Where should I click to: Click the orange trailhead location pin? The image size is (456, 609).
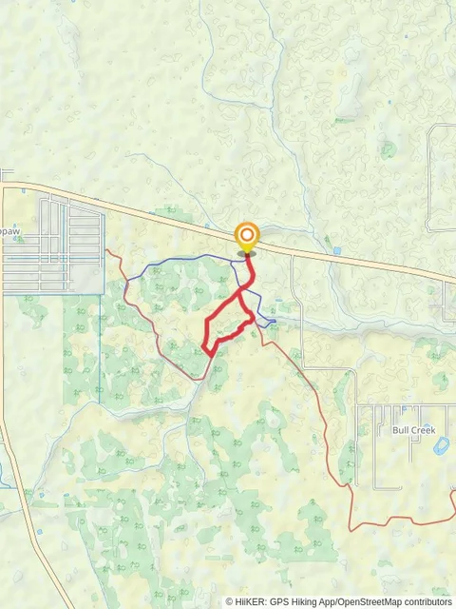[246, 236]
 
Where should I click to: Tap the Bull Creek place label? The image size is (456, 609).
[413, 430]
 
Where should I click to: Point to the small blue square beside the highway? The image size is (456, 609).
[337, 251]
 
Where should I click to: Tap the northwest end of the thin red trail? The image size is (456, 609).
[107, 251]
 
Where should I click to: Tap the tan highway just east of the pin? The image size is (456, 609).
[285, 249]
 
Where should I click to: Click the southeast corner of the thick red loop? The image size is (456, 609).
[252, 324]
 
